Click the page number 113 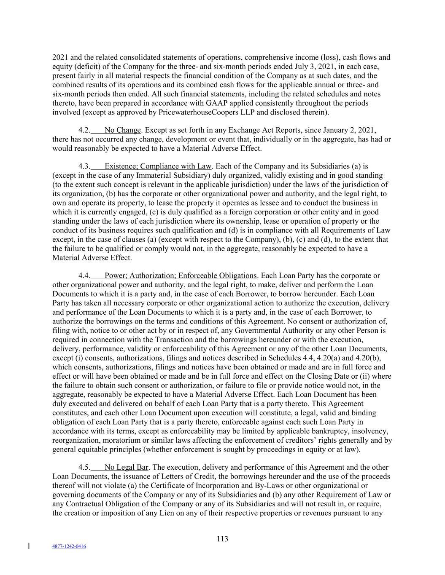(x=222, y=539)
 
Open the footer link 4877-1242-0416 (x=69, y=546)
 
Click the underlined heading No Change (x=122, y=130)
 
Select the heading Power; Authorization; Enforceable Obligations (x=180, y=276)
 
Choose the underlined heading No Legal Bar (x=126, y=468)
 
